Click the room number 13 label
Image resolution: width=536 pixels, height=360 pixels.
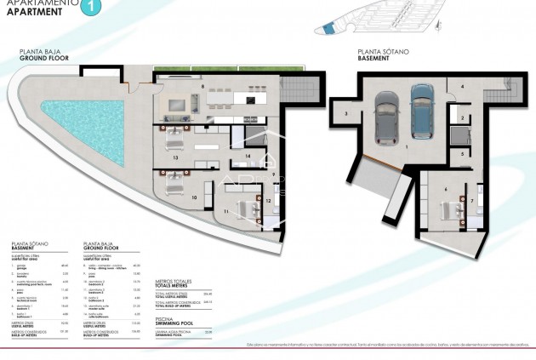point(174,158)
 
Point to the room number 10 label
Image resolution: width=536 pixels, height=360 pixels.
point(194,197)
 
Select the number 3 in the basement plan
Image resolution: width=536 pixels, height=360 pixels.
point(346,111)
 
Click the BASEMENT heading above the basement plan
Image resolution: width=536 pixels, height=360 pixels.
point(373,59)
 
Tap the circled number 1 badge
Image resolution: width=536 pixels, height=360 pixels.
point(93,8)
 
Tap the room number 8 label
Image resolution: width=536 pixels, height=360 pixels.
point(202,87)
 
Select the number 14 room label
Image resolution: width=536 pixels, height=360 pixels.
point(246,157)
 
